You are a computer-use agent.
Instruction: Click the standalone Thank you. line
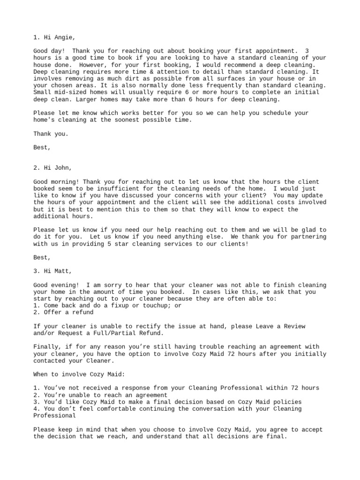[51, 134]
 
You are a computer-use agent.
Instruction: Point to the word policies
[285, 402]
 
